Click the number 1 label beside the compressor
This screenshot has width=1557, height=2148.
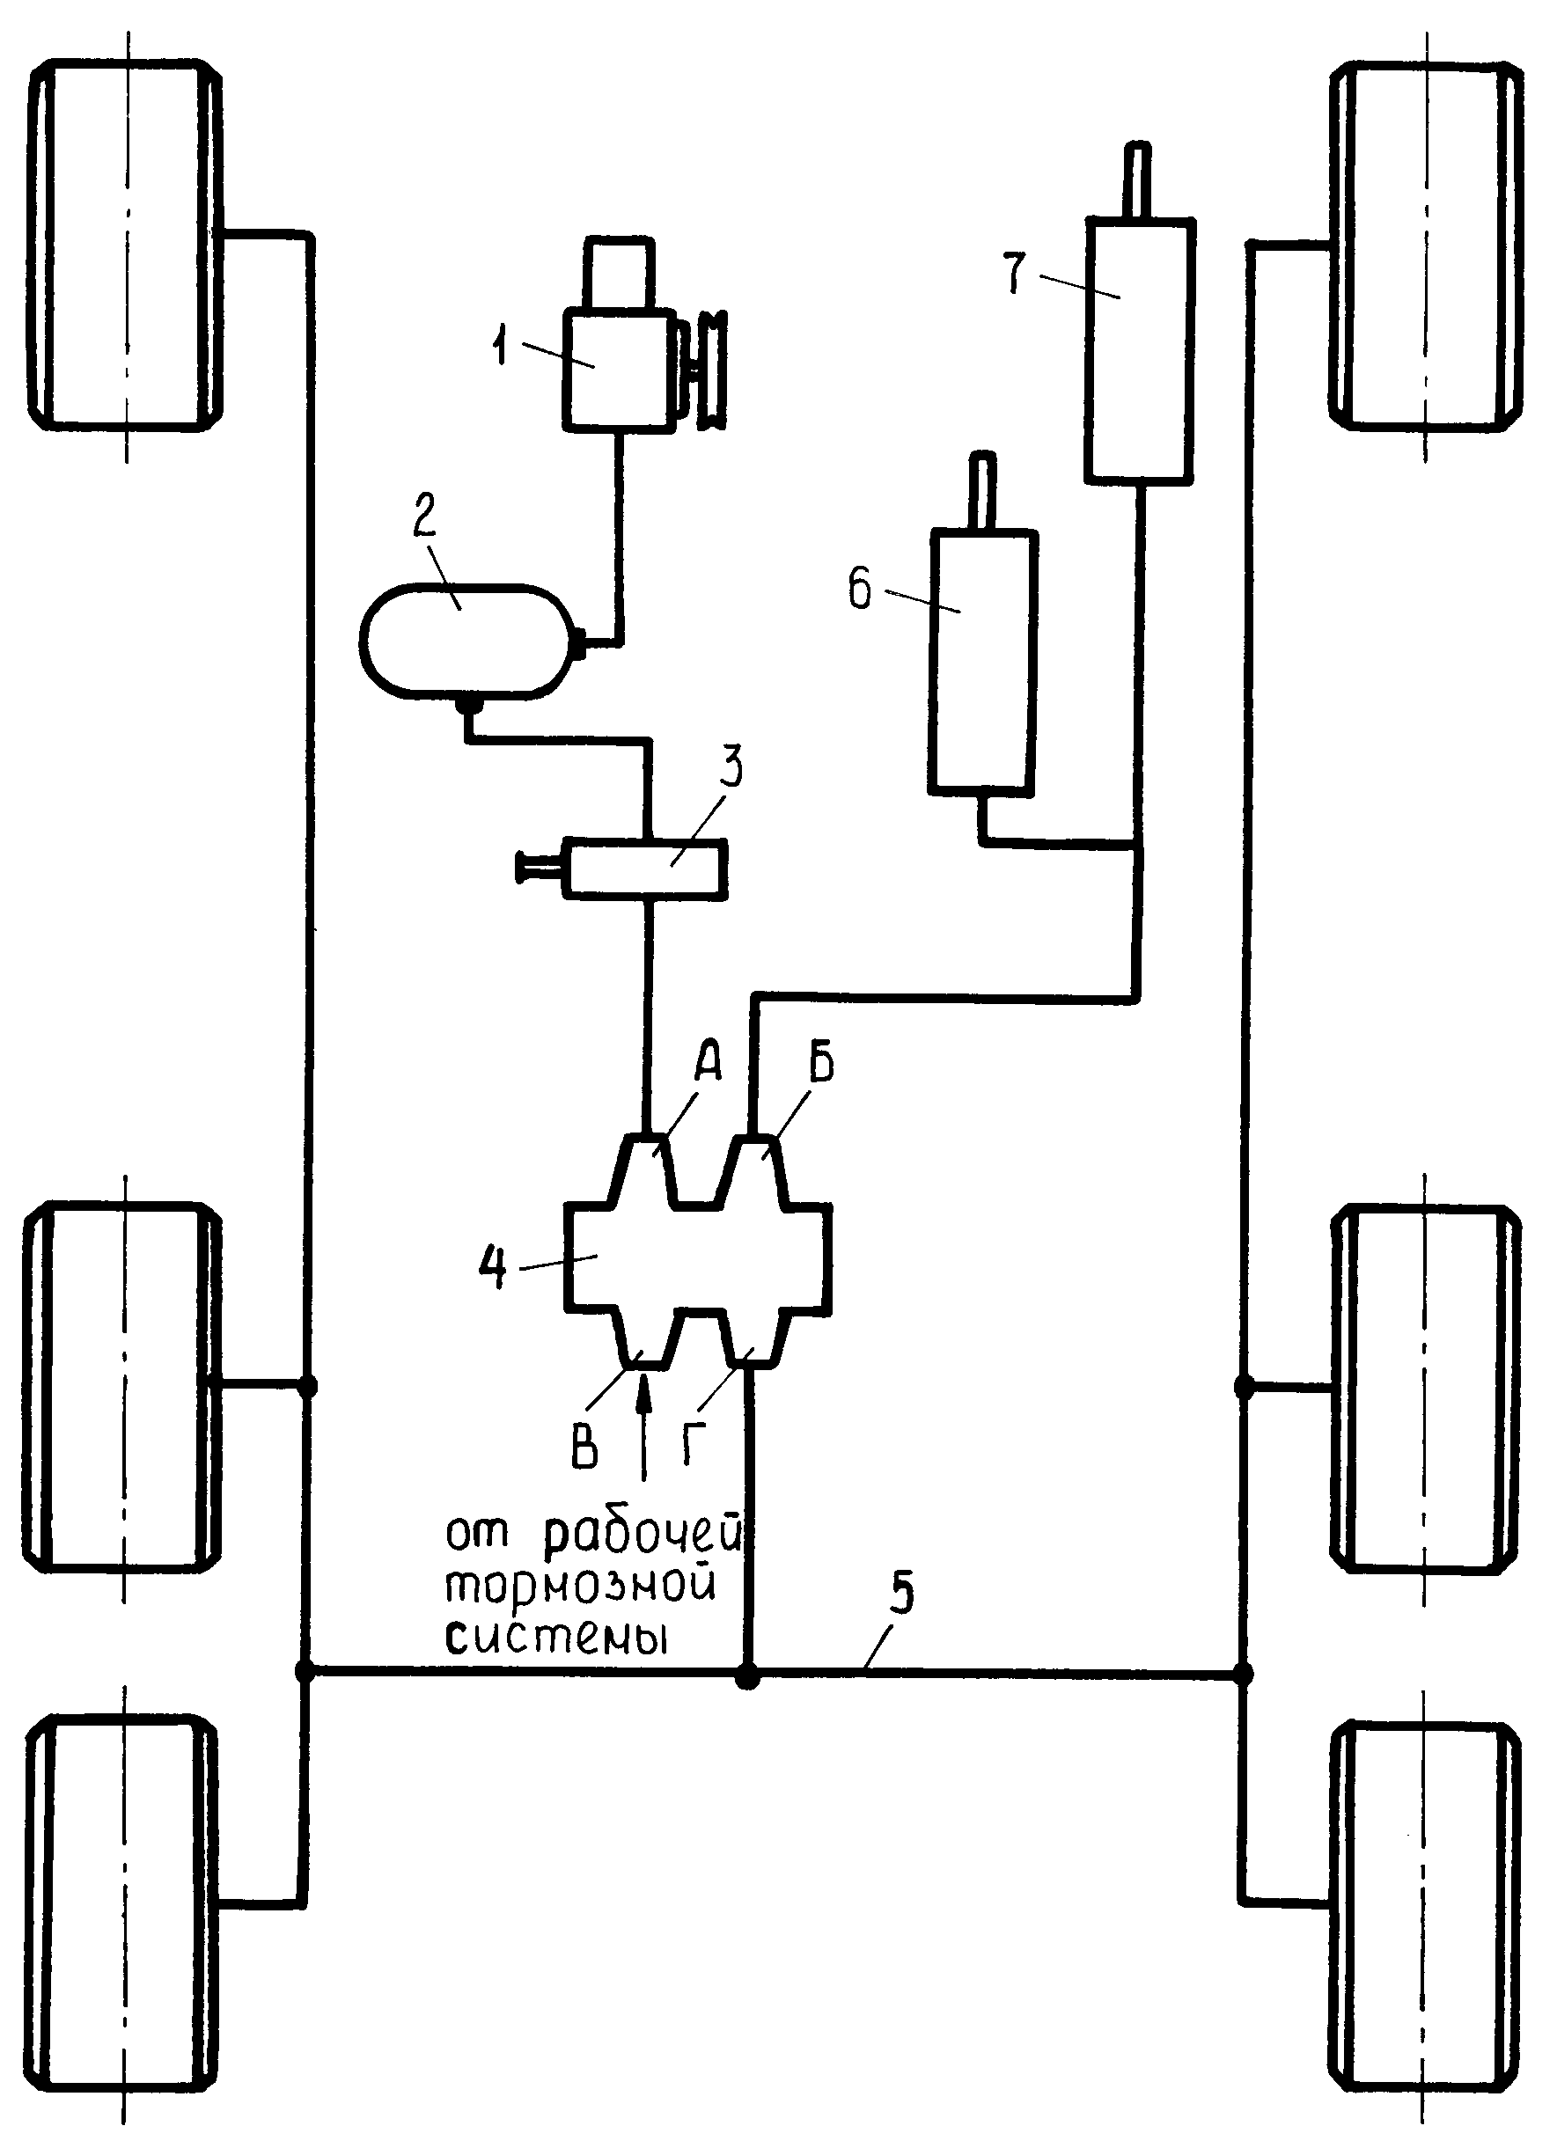click(501, 347)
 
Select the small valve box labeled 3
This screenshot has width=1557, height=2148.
click(645, 867)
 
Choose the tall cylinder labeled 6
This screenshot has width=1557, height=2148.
click(981, 660)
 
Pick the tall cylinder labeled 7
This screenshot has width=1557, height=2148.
click(1139, 350)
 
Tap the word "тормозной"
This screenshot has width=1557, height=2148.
click(580, 1587)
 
